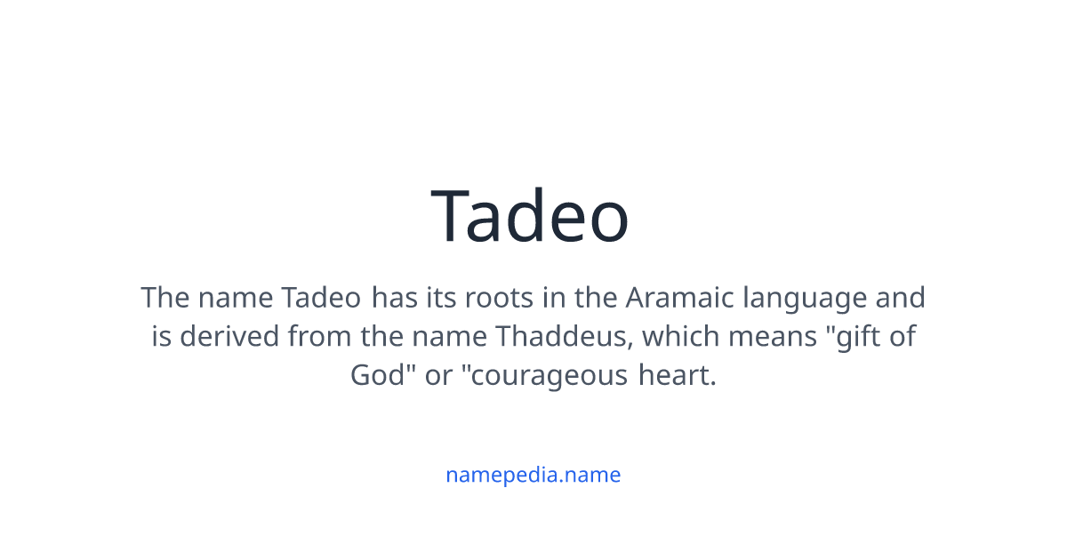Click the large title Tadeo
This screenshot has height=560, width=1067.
(x=531, y=216)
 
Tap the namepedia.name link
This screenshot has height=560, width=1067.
(x=533, y=475)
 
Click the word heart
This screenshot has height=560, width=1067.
(x=677, y=375)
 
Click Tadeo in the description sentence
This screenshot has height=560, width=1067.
(x=322, y=297)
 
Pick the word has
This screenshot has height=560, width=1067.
(x=393, y=297)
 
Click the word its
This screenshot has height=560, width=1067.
(x=440, y=297)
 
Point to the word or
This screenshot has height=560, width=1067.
(x=439, y=376)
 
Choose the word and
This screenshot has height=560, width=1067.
(x=901, y=297)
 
